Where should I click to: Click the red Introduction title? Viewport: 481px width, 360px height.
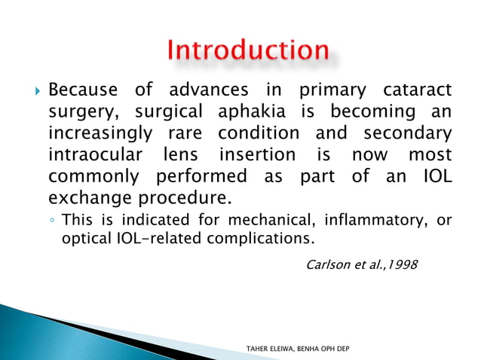coord(248,51)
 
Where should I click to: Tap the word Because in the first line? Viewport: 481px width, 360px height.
coord(83,90)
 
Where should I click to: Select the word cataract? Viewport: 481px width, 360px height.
coord(419,90)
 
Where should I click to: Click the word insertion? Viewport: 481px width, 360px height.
coord(259,156)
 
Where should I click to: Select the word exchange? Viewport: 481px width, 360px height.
coord(84,200)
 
